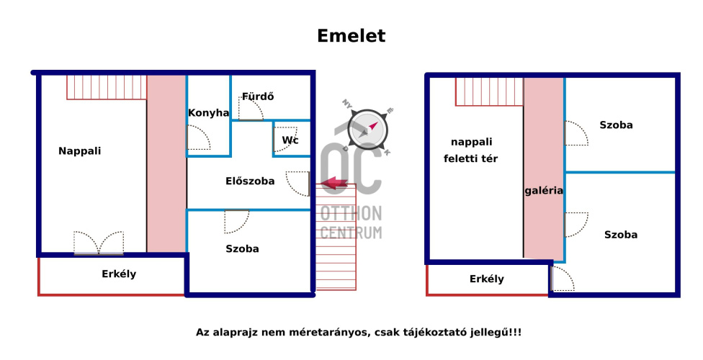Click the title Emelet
pyautogui.click(x=351, y=36)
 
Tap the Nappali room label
pyautogui.click(x=79, y=151)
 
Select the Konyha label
pyautogui.click(x=208, y=112)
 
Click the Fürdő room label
pyautogui.click(x=258, y=96)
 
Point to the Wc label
pyautogui.click(x=290, y=140)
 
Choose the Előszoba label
pyautogui.click(x=250, y=181)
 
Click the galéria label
pyautogui.click(x=544, y=191)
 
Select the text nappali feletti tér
pyautogui.click(x=471, y=150)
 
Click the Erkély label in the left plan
pyautogui.click(x=118, y=274)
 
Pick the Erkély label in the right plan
pyautogui.click(x=486, y=279)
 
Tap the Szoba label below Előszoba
pyautogui.click(x=242, y=249)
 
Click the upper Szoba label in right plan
pyautogui.click(x=616, y=125)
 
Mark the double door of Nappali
pyautogui.click(x=99, y=243)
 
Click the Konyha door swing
pyautogui.click(x=198, y=138)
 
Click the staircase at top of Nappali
pyautogui.click(x=107, y=87)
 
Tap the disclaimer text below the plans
pyautogui.click(x=358, y=332)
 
